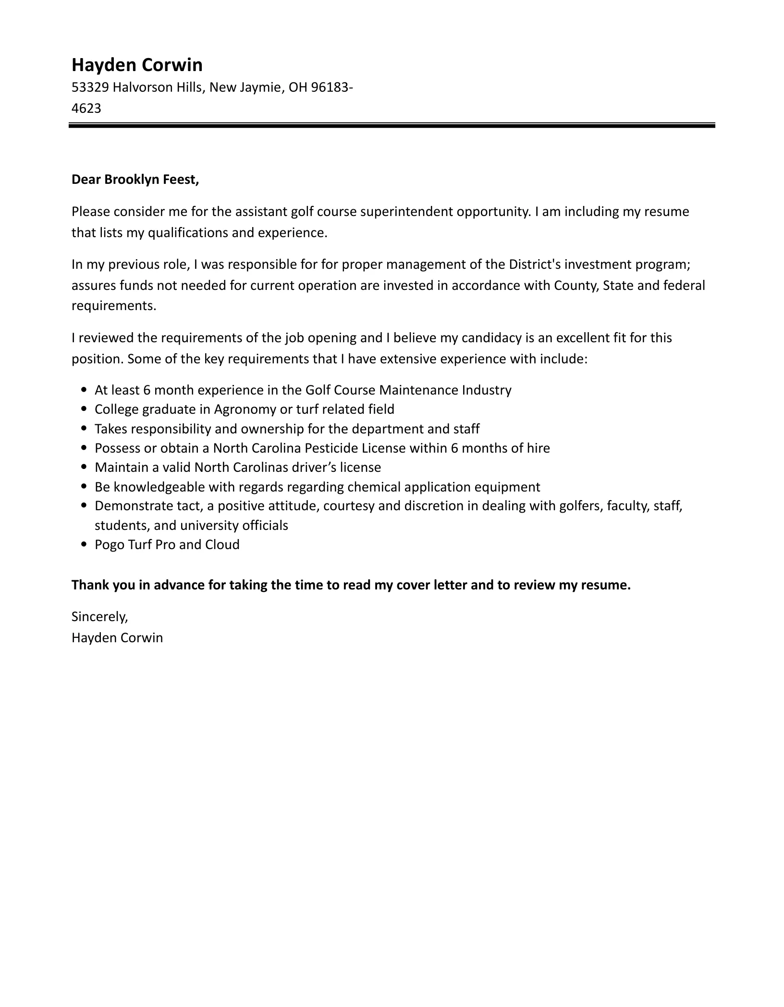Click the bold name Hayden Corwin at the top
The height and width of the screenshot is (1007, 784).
[137, 65]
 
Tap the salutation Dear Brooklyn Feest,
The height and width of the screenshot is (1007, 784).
[135, 180]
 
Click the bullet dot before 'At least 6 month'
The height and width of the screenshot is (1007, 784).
[85, 390]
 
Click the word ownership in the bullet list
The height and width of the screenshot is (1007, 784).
[269, 429]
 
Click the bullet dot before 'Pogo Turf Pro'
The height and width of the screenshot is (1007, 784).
[85, 545]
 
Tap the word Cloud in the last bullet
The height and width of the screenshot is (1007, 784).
[222, 545]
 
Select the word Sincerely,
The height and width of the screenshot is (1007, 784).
[100, 617]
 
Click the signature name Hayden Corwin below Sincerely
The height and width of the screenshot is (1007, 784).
[117, 638]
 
